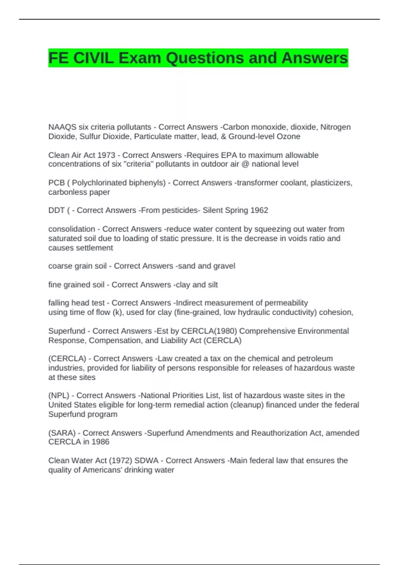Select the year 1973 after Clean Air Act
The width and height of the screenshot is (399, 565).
point(107,155)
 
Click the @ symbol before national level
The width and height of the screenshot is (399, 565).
point(245,164)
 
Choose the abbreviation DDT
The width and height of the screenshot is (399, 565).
point(56,210)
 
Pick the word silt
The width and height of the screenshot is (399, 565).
point(212,285)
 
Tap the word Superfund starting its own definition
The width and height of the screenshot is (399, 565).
point(66,331)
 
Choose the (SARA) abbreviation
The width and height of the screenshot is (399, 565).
point(62,433)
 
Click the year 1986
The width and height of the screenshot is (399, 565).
point(100,442)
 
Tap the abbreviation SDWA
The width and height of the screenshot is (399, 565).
point(147,461)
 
